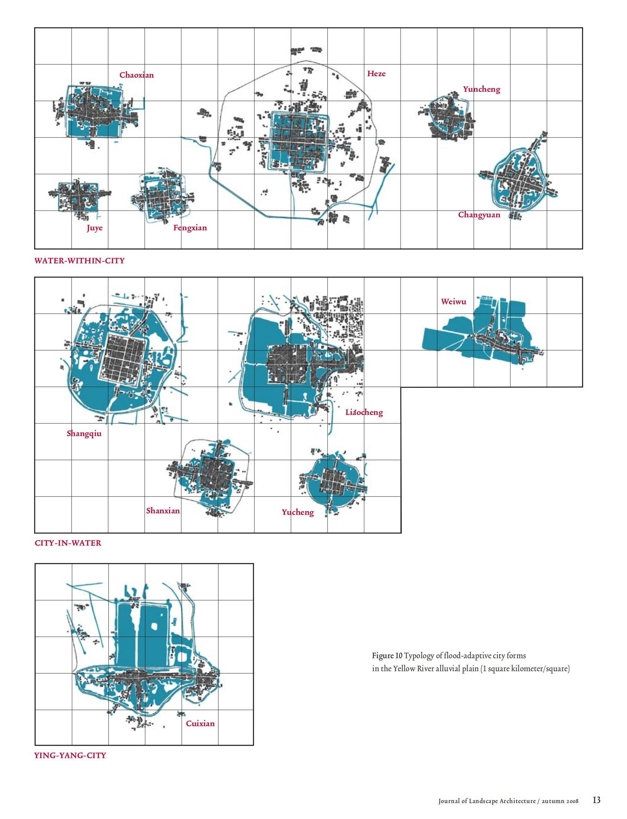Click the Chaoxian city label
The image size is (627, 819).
[137, 75]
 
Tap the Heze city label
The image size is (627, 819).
[376, 74]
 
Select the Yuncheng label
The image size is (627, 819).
[481, 89]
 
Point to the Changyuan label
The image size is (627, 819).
[479, 215]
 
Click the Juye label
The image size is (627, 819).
[95, 228]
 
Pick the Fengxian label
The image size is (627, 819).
[190, 228]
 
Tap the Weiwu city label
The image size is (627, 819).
[454, 302]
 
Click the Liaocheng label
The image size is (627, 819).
[364, 413]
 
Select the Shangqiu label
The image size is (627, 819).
[84, 433]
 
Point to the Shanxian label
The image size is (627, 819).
[163, 511]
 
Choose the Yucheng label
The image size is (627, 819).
[298, 512]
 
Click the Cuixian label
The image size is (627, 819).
[201, 724]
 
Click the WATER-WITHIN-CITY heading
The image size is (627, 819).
[79, 261]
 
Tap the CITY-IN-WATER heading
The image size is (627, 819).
[68, 543]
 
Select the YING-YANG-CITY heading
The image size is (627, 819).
[70, 755]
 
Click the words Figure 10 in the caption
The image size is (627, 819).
[387, 656]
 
